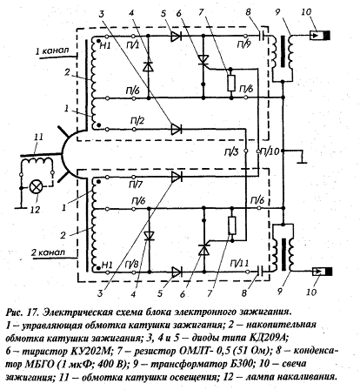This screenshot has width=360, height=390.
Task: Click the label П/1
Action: [x=133, y=44]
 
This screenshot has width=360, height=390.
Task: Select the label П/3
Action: [x=232, y=151]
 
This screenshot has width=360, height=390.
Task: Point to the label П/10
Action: [x=271, y=151]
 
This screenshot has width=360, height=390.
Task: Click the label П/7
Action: [x=136, y=185]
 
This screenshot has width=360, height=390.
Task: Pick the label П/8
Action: [x=132, y=264]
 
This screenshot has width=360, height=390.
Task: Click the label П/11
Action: [x=239, y=264]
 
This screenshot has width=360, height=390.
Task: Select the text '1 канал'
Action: [x=52, y=51]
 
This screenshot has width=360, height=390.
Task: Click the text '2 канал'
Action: [x=49, y=252]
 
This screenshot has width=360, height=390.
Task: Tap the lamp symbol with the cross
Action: [x=37, y=186]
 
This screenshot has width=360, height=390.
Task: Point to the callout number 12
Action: [x=35, y=210]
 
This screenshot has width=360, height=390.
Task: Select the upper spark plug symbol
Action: [x=320, y=36]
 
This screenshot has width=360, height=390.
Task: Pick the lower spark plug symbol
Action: [x=322, y=272]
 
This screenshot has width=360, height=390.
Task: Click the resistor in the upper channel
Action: [x=231, y=83]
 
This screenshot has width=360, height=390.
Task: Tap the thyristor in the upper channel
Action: [x=203, y=60]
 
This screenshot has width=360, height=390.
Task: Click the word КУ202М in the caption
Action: [x=90, y=351]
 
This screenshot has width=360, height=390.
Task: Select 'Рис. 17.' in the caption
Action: [x=22, y=313]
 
